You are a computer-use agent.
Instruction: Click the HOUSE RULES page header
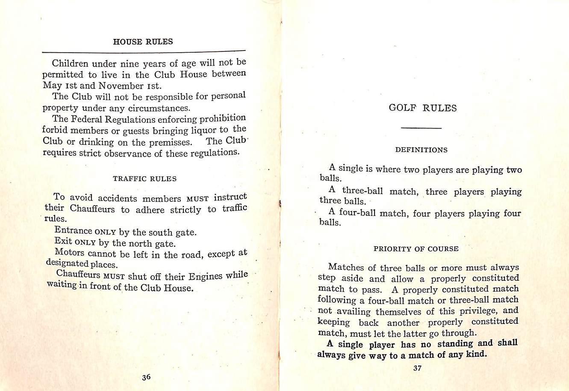143,42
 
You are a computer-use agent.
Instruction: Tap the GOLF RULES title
422,108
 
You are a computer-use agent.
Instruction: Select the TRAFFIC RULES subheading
144,179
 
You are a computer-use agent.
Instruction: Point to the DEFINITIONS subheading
421,150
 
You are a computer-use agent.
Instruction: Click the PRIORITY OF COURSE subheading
416,249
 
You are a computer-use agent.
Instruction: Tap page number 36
146,377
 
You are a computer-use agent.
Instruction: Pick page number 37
418,367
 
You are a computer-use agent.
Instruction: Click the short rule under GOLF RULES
421,128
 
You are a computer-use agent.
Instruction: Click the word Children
70,64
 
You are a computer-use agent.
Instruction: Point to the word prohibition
223,118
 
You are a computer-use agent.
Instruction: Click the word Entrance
73,230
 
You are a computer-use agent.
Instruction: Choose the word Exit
63,241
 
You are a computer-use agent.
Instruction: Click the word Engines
206,276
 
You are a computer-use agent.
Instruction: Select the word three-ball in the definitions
362,191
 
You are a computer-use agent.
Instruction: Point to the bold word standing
455,344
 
